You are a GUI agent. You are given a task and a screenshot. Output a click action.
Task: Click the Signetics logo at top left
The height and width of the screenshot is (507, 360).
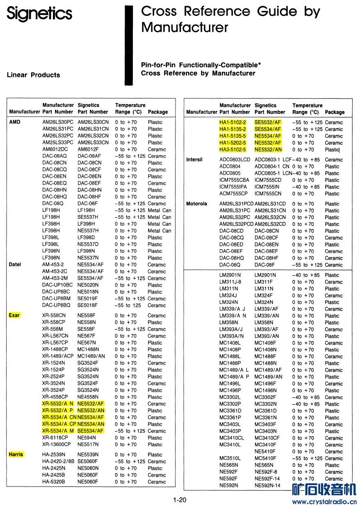point(39,14)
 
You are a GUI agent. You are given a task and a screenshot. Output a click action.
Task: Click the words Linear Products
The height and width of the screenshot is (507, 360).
point(33,75)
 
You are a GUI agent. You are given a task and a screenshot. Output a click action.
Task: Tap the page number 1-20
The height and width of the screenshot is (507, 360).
point(180,500)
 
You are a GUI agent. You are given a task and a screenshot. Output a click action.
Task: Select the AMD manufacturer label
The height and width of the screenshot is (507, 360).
point(14,122)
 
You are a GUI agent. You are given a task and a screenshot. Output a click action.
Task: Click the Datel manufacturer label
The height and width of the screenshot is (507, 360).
point(15,264)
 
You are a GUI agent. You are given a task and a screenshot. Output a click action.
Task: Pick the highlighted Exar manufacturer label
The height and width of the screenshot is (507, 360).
point(14,315)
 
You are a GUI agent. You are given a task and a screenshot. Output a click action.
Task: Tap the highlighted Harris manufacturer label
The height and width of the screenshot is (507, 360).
point(16,454)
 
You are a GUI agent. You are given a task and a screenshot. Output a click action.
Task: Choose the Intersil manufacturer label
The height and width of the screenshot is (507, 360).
point(194,159)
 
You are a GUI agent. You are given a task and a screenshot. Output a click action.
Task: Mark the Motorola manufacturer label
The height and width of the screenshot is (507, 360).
point(197,204)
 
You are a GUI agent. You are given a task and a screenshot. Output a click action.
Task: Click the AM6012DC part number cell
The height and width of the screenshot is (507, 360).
point(55,149)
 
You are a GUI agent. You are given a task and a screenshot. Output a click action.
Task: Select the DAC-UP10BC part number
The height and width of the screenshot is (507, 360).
point(57,285)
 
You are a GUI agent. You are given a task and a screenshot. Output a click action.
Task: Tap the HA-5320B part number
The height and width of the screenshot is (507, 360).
point(53,482)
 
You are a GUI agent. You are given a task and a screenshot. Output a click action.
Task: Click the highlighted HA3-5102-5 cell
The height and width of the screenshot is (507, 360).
point(232,150)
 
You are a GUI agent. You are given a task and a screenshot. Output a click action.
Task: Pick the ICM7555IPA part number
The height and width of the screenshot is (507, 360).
point(234,186)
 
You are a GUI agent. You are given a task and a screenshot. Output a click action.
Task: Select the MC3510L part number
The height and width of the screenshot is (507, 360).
point(230,458)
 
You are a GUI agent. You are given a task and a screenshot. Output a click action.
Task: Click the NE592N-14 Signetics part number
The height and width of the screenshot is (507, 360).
point(267,485)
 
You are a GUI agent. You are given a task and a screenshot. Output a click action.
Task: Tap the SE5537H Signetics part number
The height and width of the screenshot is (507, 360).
point(88,217)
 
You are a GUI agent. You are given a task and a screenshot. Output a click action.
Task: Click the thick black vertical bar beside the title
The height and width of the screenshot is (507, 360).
point(129,45)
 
